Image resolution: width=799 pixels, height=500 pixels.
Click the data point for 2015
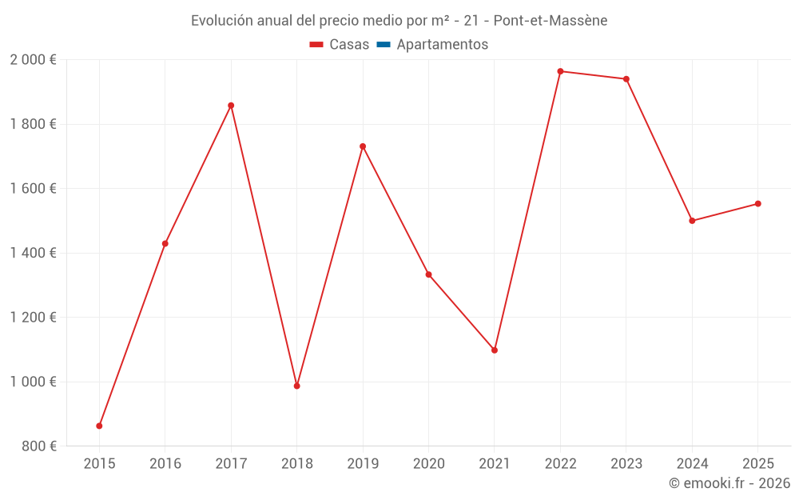(x=99, y=426)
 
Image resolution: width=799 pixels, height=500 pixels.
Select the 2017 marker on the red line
(x=231, y=106)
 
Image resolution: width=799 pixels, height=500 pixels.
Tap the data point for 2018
(x=297, y=386)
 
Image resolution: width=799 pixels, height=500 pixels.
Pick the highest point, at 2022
(x=561, y=71)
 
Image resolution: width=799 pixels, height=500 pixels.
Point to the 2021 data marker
(x=495, y=350)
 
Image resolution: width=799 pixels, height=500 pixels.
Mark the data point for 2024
(x=692, y=221)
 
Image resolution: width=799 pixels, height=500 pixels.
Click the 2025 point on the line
(x=757, y=204)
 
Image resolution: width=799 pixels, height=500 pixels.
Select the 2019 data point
(x=363, y=147)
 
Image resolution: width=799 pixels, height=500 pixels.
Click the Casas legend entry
(x=340, y=45)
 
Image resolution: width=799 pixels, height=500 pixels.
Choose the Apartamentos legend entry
(x=432, y=45)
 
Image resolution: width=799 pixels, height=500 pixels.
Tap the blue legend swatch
(x=384, y=45)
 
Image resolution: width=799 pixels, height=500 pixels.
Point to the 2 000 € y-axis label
(x=33, y=60)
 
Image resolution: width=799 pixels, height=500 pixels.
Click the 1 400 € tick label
(x=33, y=253)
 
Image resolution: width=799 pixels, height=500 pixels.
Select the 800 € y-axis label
(x=39, y=446)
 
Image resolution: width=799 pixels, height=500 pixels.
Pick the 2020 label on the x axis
(x=428, y=464)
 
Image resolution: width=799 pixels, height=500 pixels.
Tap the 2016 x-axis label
(x=165, y=464)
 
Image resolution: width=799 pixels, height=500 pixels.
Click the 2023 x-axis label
(x=626, y=464)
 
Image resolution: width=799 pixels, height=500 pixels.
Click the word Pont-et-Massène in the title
(x=551, y=21)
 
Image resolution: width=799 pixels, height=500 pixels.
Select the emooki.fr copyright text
(x=729, y=482)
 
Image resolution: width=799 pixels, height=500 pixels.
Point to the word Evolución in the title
(x=222, y=21)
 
